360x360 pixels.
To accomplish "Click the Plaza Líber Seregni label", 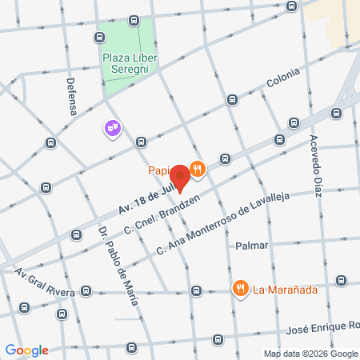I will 130,63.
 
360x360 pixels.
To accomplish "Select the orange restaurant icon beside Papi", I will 198,169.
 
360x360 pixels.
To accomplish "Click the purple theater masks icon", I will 111,127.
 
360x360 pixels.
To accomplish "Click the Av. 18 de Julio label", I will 146,199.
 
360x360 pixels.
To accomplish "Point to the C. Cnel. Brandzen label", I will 164,214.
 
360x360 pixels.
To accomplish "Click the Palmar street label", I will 251,246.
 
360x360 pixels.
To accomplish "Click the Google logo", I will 26,350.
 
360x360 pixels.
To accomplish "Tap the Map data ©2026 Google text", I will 310,354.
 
